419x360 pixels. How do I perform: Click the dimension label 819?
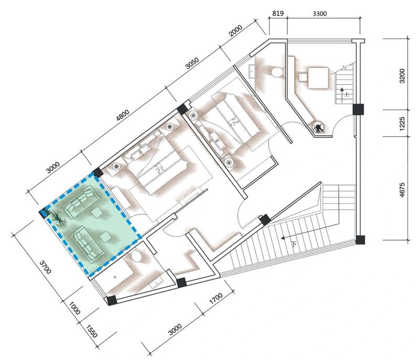click(x=278, y=13)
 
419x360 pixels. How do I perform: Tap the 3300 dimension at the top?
click(x=319, y=14)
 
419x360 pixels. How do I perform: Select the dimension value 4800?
click(x=123, y=115)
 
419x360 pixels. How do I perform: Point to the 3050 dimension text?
click(x=192, y=63)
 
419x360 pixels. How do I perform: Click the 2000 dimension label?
click(x=236, y=30)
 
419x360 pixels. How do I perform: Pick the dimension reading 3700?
click(x=45, y=267)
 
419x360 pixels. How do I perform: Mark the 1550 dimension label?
click(x=92, y=331)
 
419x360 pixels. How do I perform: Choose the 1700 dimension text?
click(x=216, y=299)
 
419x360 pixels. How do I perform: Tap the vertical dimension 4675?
click(x=402, y=190)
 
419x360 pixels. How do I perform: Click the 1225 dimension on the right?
click(x=402, y=123)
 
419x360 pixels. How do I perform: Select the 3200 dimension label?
click(x=402, y=76)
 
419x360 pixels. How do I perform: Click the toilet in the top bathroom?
click(x=277, y=72)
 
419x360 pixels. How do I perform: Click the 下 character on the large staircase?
click(x=294, y=244)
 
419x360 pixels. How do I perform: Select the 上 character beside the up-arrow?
click(x=347, y=94)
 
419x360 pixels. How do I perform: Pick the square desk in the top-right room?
click(x=318, y=78)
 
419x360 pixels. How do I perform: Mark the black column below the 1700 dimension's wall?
click(x=181, y=282)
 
